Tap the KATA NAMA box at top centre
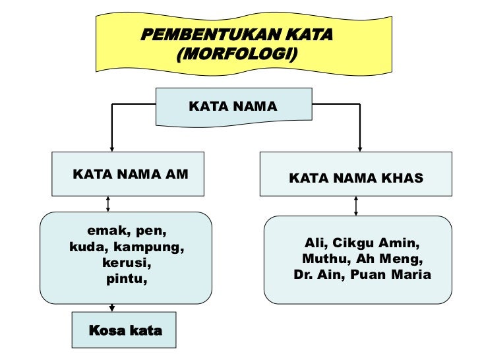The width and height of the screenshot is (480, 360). click(233, 105)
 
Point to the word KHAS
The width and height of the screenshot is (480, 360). click(404, 178)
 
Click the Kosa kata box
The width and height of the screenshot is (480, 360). click(125, 330)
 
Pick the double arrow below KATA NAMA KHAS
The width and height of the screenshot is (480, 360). click(356, 206)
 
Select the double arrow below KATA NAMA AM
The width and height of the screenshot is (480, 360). click(108, 203)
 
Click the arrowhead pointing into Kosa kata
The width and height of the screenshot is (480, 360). click(112, 307)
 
